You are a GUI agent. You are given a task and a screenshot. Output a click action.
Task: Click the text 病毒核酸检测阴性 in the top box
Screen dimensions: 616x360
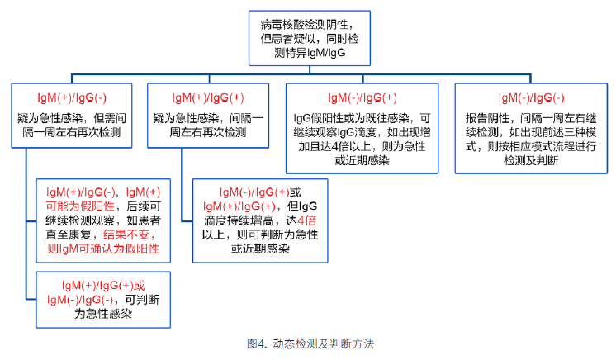[x=304, y=25]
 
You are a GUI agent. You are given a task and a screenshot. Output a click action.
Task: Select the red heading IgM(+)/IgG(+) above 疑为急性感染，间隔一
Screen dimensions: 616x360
[x=208, y=98]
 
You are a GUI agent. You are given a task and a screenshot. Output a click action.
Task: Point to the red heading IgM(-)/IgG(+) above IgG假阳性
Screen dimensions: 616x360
[x=362, y=98]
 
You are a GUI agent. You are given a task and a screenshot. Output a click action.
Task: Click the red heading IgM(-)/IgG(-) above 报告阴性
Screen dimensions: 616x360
[x=531, y=98]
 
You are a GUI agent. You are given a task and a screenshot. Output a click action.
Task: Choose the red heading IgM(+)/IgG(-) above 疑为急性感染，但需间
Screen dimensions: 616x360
[x=72, y=98]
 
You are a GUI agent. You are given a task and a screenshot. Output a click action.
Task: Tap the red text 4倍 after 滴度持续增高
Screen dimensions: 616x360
[x=307, y=220]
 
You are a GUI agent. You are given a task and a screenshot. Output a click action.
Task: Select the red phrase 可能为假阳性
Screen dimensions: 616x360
[x=80, y=206]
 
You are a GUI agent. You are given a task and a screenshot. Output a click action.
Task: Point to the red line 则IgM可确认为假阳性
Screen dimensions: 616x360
[x=103, y=249]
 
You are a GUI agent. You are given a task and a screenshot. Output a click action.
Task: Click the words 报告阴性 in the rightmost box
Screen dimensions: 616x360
[x=487, y=118]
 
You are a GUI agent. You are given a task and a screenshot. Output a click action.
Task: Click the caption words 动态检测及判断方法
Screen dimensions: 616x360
[x=324, y=343]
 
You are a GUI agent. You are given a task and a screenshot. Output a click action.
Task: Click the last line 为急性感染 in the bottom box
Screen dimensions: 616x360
[x=103, y=314]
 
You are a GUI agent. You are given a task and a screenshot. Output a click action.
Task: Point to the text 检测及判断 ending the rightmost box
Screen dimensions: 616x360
[x=531, y=160]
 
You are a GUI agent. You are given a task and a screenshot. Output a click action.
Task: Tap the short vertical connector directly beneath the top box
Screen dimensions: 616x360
[x=310, y=69]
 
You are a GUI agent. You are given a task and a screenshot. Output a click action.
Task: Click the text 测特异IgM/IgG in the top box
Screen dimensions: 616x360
[x=310, y=53]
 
